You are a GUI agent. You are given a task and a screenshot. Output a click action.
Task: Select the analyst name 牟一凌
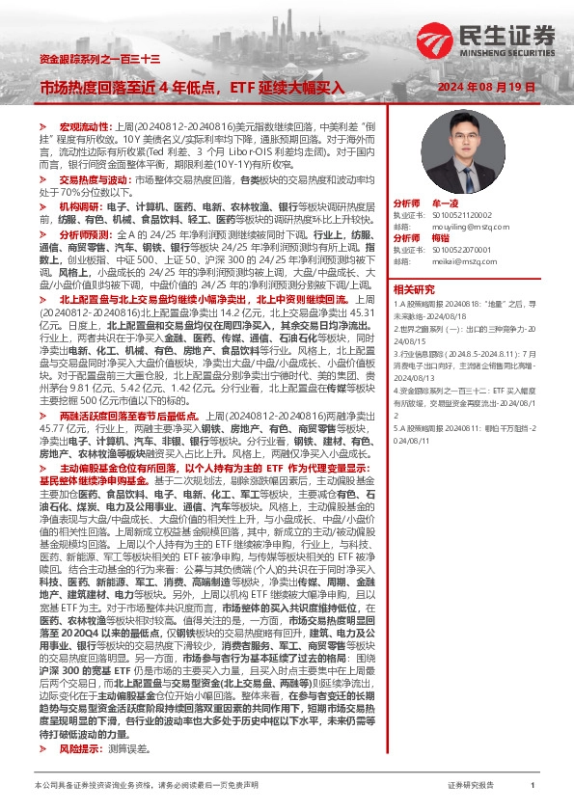tap(444, 205)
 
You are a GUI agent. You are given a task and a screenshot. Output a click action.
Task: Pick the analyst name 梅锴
tap(441, 237)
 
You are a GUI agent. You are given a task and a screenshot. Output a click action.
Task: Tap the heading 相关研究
tap(413, 288)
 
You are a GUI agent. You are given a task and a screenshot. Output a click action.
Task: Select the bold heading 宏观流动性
tap(85, 126)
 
